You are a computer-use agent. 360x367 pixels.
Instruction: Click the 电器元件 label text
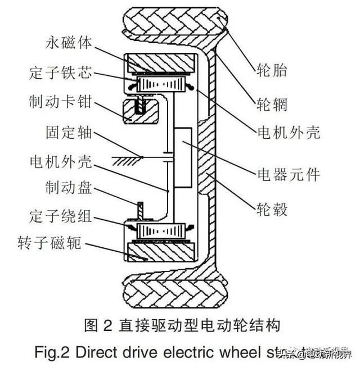click(x=287, y=174)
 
